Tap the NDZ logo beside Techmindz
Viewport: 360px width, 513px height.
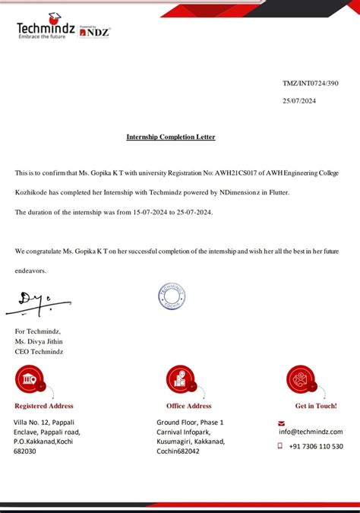pos(96,31)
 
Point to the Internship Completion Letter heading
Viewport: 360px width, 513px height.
pos(171,137)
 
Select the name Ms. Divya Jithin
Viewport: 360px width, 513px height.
pos(40,341)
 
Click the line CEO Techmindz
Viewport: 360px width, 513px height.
pos(39,351)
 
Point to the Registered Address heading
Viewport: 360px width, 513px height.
pos(44,406)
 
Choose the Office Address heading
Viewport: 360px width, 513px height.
pos(188,406)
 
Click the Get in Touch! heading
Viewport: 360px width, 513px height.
pos(316,406)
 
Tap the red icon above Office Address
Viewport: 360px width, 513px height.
pos(180,378)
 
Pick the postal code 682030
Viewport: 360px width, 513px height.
pos(25,451)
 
